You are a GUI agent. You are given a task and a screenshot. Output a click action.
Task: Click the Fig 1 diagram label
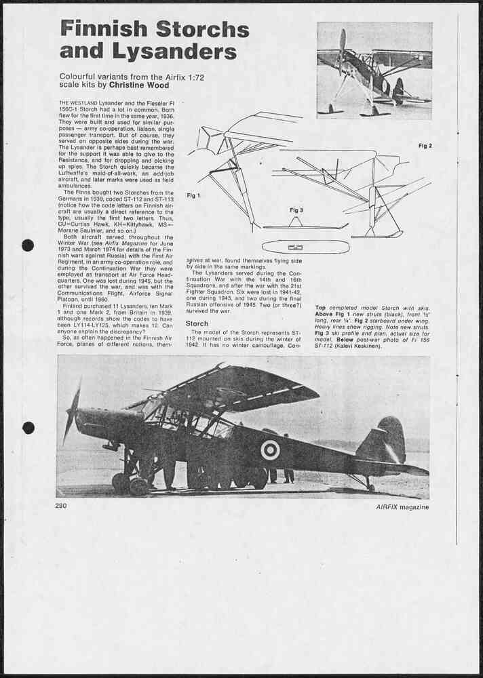(x=193, y=195)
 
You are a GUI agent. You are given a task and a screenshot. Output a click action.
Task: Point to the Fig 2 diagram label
(x=425, y=146)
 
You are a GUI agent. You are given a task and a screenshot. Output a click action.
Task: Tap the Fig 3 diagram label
(x=296, y=210)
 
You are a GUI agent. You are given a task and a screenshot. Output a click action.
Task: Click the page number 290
(x=61, y=506)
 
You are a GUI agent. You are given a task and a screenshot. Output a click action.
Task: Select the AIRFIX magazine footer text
(x=402, y=506)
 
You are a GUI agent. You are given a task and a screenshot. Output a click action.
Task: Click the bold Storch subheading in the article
(x=197, y=324)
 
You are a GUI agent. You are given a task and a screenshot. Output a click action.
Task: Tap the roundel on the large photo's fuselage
(x=270, y=450)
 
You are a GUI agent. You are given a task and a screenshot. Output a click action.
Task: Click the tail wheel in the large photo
(x=370, y=486)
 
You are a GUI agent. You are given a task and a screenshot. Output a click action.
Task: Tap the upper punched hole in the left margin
(x=28, y=245)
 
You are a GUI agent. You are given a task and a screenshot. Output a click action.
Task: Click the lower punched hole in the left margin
(x=28, y=427)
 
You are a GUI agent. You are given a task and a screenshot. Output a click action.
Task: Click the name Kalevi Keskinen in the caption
(x=361, y=346)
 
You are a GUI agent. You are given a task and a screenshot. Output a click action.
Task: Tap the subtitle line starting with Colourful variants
(x=132, y=77)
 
